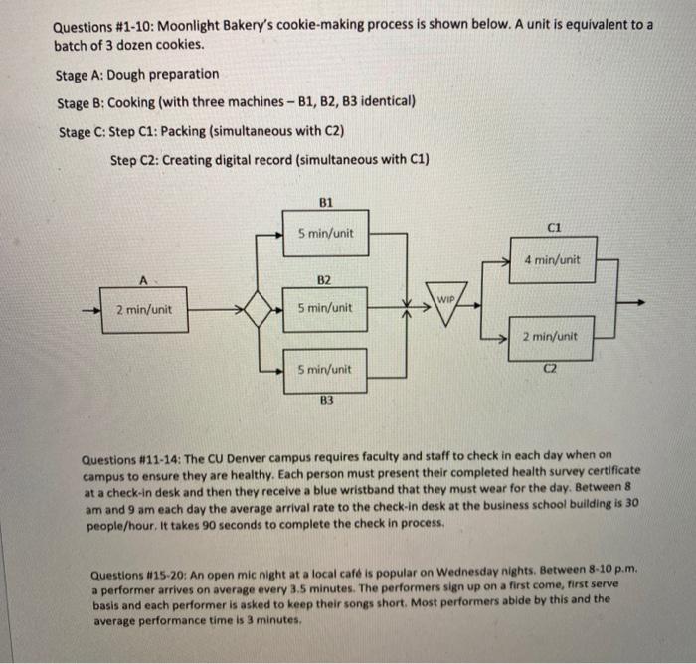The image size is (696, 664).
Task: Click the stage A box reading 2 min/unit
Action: (x=145, y=309)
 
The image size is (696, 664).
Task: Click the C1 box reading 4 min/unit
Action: (x=553, y=260)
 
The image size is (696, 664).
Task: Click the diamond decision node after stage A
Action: (x=258, y=308)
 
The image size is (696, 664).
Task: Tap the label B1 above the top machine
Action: (x=326, y=201)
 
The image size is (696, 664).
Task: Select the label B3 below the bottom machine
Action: (x=326, y=401)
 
